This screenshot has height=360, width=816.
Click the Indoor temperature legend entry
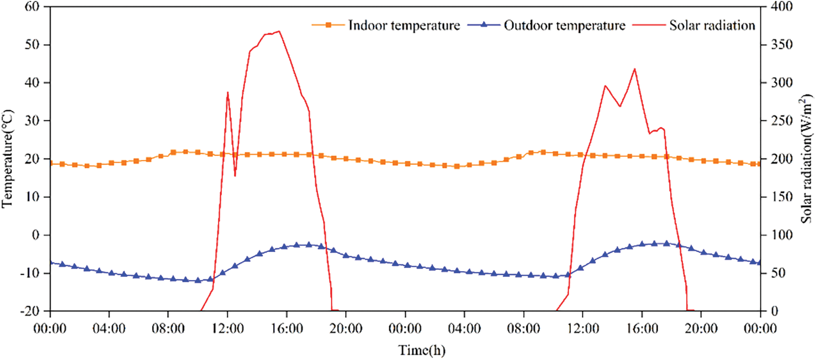(404, 25)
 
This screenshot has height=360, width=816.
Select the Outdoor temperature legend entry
(564, 25)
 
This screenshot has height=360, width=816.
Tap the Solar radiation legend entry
(712, 25)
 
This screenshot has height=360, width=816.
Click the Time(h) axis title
(422, 350)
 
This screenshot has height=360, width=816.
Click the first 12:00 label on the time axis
(228, 328)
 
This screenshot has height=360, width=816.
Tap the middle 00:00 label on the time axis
(405, 328)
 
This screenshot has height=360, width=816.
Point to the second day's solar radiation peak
(635, 69)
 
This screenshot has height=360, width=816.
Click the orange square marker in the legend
(328, 25)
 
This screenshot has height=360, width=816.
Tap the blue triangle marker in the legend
(484, 24)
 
